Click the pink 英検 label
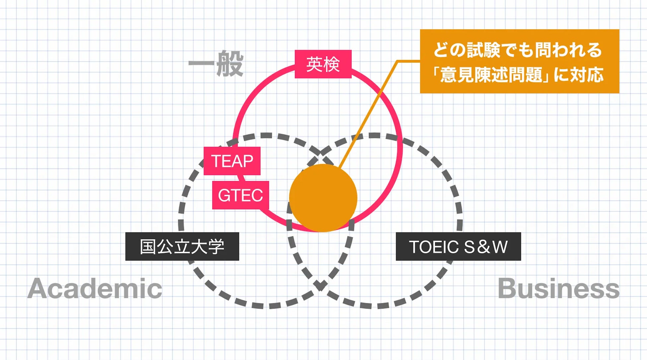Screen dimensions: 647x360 coord(323,64)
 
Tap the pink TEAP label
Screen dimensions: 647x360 coord(232,161)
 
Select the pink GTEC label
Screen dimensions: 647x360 coord(240,195)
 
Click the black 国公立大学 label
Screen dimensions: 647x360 coord(182,247)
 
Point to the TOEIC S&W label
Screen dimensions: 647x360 coord(458,247)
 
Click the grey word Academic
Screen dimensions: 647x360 coord(95,288)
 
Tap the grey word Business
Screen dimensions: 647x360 coord(558,288)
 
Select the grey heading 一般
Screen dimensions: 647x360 coord(216,63)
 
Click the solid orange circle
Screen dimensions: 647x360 coord(323,198)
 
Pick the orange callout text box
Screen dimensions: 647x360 coord(519,61)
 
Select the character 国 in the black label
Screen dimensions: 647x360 coord(148,247)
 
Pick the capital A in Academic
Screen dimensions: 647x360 coord(37,288)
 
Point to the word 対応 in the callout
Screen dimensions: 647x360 coord(586,75)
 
